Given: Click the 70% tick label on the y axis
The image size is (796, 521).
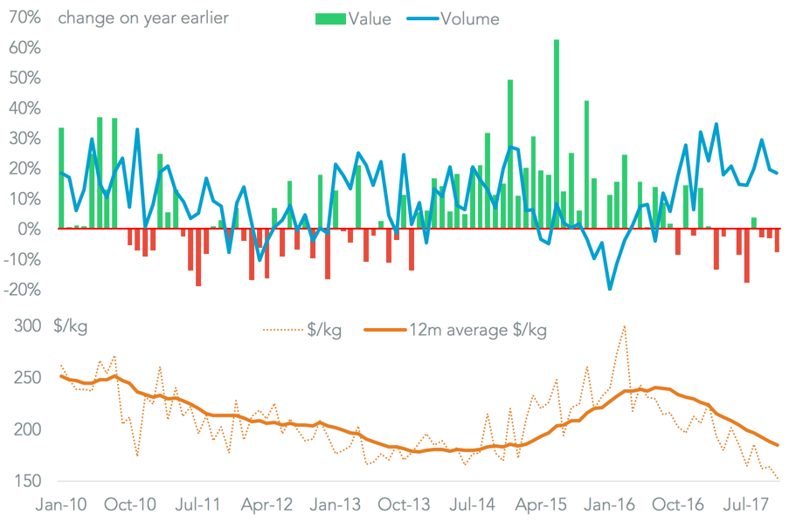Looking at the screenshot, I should click(24, 17).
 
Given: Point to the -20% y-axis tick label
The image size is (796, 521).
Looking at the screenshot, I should click(21, 290).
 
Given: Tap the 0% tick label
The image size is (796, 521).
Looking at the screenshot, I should click(30, 229).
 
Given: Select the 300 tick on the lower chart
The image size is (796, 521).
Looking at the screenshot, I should click(26, 326).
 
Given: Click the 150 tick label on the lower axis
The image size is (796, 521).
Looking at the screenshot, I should click(26, 481).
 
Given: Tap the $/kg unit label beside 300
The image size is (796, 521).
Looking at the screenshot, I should click(71, 326).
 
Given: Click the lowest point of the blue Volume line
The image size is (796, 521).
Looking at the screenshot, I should click(610, 289).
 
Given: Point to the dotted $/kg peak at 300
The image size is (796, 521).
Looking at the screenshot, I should click(624, 326).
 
